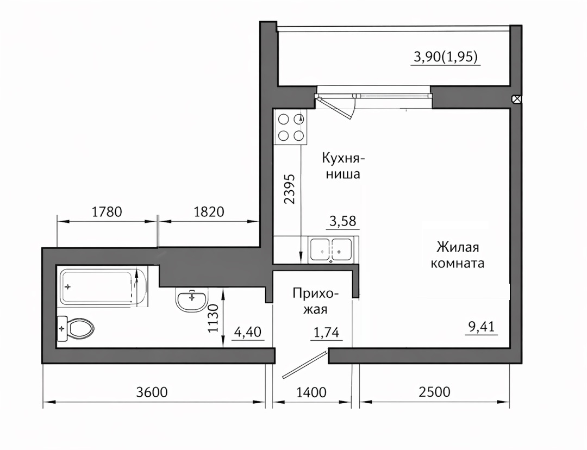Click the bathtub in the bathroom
coord(102,286)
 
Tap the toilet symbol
coord(75,329)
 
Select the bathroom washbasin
coord(192,300)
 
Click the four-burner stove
coord(290,127)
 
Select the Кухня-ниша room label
coord(343,166)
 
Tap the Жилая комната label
coord(458,255)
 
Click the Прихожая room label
coord(315,301)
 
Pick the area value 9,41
coord(482,327)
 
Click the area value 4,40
coord(247,332)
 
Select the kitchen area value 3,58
coord(342,221)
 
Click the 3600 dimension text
coord(152,392)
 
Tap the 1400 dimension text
coord(311,392)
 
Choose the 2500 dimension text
coord(434,392)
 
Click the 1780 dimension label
coord(107,212)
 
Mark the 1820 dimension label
coord(209,212)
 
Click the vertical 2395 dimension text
coord(289,189)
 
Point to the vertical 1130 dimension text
coord(213,318)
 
